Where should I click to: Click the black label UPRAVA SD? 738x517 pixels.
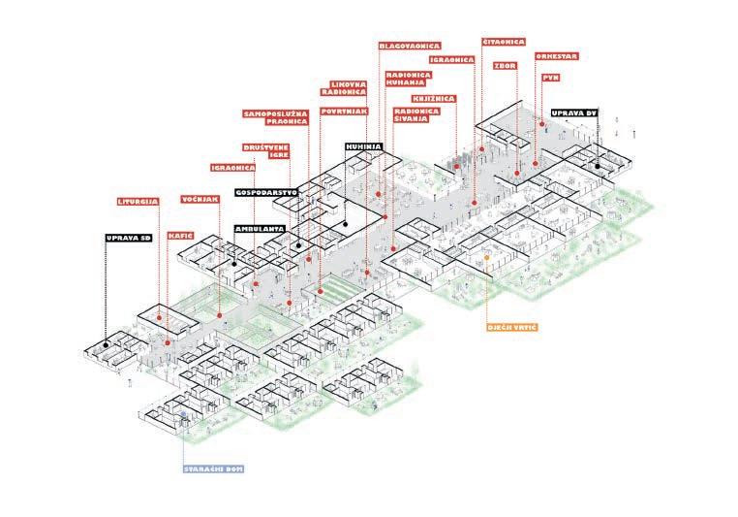click(x=130, y=237)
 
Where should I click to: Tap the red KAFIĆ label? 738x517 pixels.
click(x=179, y=235)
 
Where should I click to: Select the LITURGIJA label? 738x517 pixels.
click(x=138, y=203)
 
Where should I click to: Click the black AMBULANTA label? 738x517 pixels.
click(x=259, y=230)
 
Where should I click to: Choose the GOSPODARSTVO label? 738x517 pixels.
click(x=267, y=192)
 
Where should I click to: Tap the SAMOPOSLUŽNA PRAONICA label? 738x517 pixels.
click(x=275, y=118)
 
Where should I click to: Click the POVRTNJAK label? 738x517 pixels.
click(x=343, y=112)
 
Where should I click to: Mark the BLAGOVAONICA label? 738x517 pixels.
click(x=410, y=46)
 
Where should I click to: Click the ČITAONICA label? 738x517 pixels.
click(x=504, y=42)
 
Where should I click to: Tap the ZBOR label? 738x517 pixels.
click(x=505, y=66)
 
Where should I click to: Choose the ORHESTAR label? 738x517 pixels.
click(x=557, y=56)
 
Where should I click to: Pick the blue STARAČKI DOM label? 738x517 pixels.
click(x=213, y=469)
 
